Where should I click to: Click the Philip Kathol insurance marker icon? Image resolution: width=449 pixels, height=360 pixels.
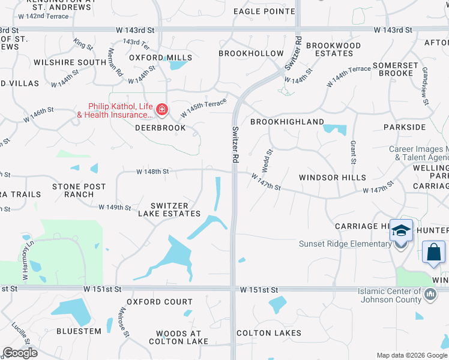pyautogui.click(x=161, y=109)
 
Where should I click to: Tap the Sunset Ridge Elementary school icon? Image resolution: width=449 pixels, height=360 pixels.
pyautogui.click(x=401, y=232)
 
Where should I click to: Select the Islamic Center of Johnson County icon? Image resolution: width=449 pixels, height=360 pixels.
pyautogui.click(x=430, y=295)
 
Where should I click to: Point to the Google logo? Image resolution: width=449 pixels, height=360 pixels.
pyautogui.click(x=20, y=353)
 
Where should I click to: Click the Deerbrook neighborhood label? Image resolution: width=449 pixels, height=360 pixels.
pyautogui.click(x=156, y=128)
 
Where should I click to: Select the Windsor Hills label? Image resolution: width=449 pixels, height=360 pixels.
pyautogui.click(x=333, y=178)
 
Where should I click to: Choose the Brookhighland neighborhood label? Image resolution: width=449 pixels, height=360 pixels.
pyautogui.click(x=287, y=122)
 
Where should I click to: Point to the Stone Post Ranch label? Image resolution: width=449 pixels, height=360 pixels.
pyautogui.click(x=79, y=190)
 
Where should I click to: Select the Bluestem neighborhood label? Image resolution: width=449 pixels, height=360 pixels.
pyautogui.click(x=79, y=331)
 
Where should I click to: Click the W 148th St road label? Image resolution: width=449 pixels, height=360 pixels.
pyautogui.click(x=152, y=172)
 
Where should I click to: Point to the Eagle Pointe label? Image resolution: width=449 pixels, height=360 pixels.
pyautogui.click(x=264, y=11)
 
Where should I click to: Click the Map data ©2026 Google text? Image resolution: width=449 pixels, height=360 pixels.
pyautogui.click(x=411, y=355)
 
